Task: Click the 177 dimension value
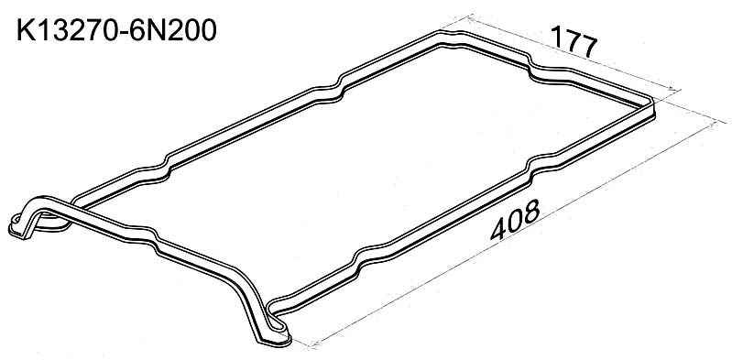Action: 575,40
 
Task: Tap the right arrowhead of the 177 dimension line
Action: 676,89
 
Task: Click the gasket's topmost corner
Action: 448,32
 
